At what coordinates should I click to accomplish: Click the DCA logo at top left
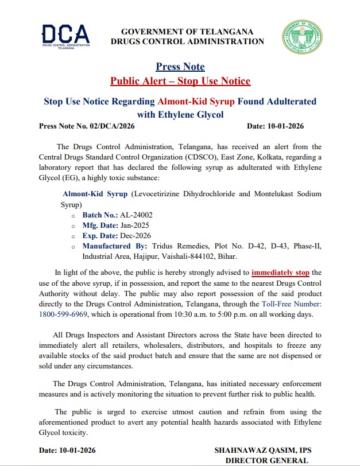pos(65,36)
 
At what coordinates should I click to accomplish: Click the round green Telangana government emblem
pos(298,37)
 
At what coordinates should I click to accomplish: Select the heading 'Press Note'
pos(180,67)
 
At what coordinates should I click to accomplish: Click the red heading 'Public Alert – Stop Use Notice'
pos(180,80)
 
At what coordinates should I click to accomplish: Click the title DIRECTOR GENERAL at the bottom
pos(266,460)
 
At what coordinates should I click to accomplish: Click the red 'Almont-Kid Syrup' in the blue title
pos(196,102)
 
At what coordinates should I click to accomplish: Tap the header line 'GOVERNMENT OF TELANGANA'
pos(187,31)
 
